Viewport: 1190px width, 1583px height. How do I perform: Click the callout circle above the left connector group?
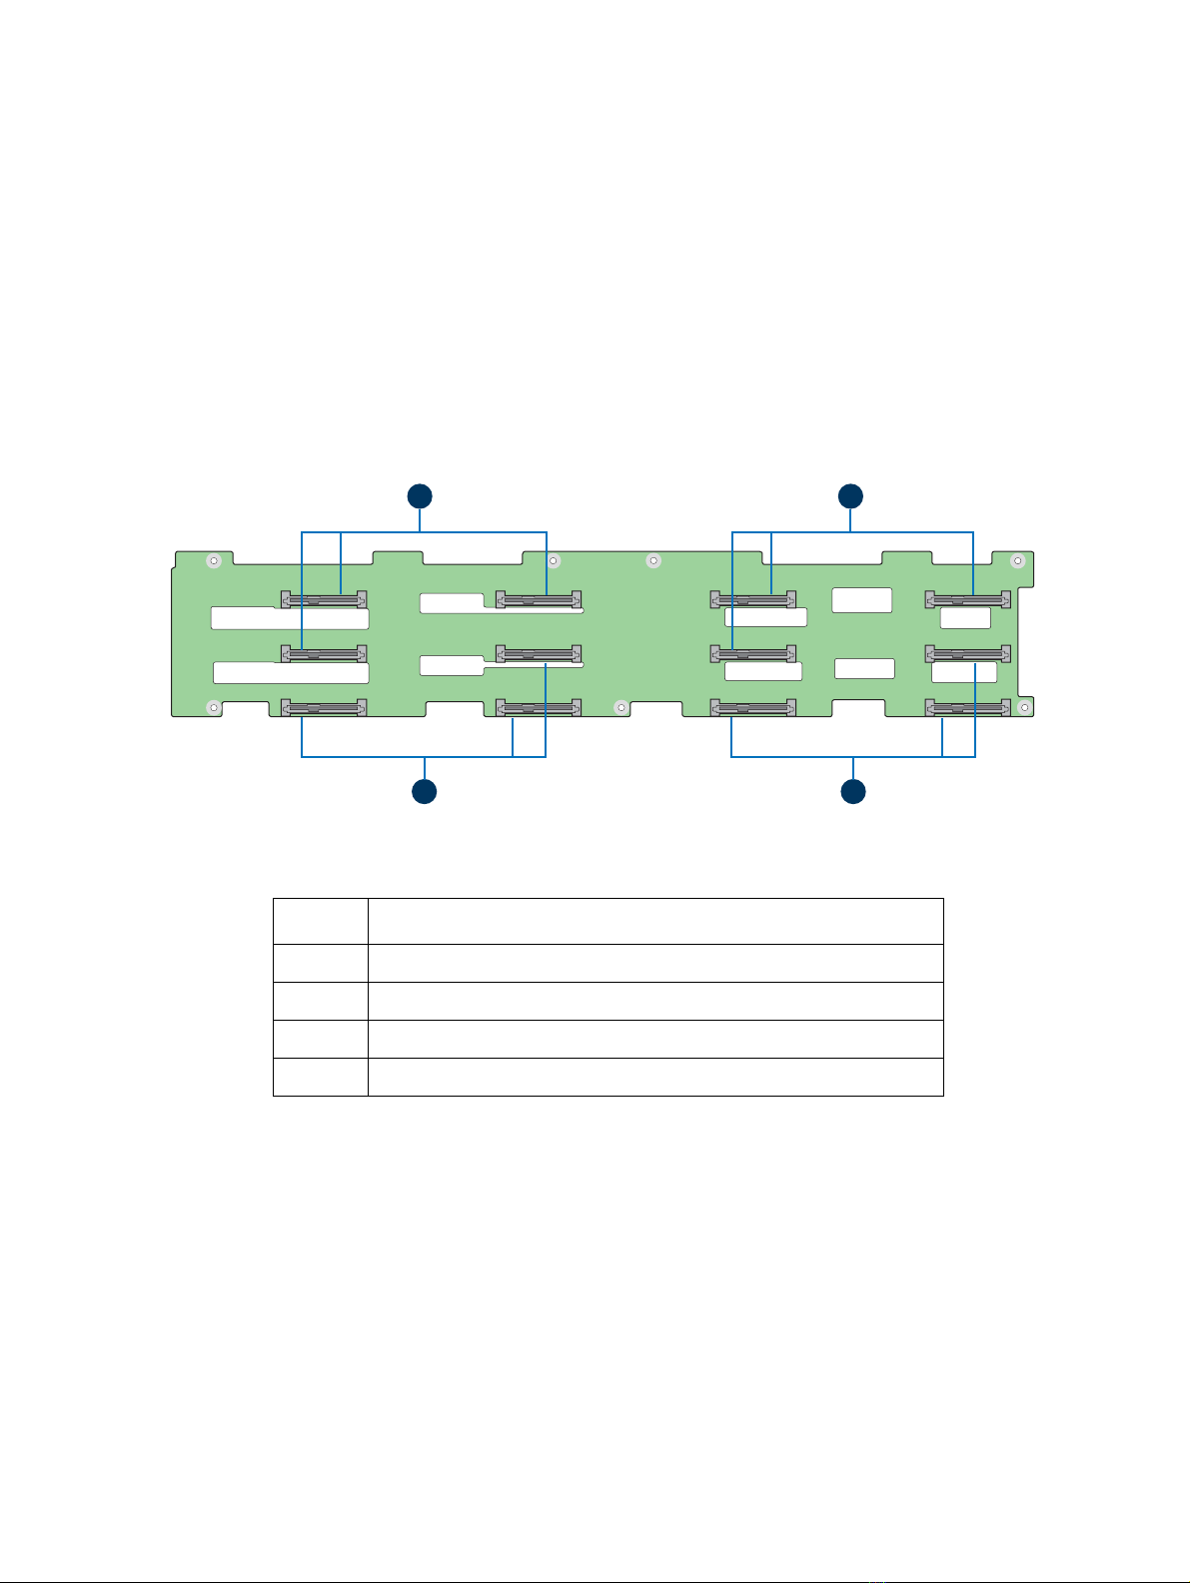pyautogui.click(x=420, y=496)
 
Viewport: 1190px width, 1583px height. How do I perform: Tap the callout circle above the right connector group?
pyautogui.click(x=850, y=496)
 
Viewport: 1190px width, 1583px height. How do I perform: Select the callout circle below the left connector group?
pyautogui.click(x=425, y=792)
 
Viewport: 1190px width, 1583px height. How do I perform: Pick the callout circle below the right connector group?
pyautogui.click(x=853, y=792)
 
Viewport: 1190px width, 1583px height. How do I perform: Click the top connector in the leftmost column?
pyautogui.click(x=324, y=600)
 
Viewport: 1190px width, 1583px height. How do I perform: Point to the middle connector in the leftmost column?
pyautogui.click(x=324, y=655)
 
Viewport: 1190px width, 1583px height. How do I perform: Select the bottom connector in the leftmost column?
pyautogui.click(x=324, y=709)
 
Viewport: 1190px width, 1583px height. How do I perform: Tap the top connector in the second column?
pyautogui.click(x=539, y=600)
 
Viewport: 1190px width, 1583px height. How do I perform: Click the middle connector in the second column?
pyautogui.click(x=539, y=655)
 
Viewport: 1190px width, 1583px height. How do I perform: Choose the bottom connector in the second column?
pyautogui.click(x=539, y=709)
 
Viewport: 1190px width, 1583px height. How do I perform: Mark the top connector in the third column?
pyautogui.click(x=753, y=600)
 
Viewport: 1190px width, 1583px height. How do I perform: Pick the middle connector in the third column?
pyautogui.click(x=753, y=655)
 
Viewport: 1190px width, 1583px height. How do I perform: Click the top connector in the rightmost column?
pyautogui.click(x=968, y=600)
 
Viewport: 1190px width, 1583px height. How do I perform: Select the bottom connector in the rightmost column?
pyautogui.click(x=968, y=709)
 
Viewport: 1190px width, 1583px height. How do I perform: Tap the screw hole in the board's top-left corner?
pyautogui.click(x=213, y=561)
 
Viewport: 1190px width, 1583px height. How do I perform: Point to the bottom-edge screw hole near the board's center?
pyautogui.click(x=621, y=707)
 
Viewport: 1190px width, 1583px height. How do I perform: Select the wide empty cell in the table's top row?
pyautogui.click(x=655, y=921)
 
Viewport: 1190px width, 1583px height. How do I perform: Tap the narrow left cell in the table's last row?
pyautogui.click(x=320, y=1077)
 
